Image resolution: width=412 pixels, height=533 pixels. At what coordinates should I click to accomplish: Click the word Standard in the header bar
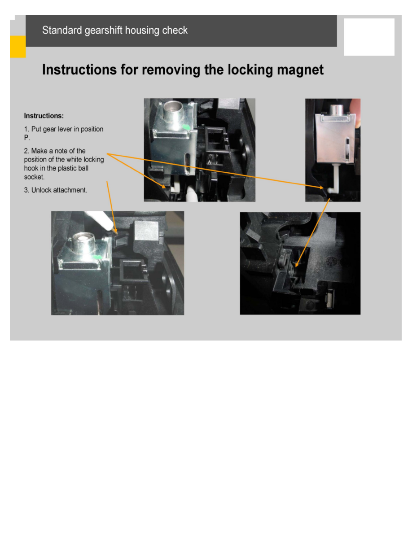pos(62,30)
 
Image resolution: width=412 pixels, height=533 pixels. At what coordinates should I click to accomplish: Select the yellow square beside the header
pos(18,47)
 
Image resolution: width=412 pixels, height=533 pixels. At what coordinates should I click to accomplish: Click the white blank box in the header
pos(369,37)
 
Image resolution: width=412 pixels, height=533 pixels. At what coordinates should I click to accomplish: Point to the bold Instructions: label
pos(44,116)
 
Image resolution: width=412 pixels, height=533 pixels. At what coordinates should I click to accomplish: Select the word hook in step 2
pos(31,168)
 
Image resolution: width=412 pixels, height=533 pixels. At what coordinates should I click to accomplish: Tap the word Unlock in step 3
pos(41,190)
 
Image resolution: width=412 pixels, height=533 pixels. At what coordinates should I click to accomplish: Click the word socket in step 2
pos(34,177)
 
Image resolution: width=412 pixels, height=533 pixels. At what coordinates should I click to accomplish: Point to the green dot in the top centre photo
pos(186,127)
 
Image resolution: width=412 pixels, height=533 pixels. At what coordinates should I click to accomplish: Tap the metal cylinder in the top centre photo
pos(173,112)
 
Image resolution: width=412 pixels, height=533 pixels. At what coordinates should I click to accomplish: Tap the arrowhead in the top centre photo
pos(164,186)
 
